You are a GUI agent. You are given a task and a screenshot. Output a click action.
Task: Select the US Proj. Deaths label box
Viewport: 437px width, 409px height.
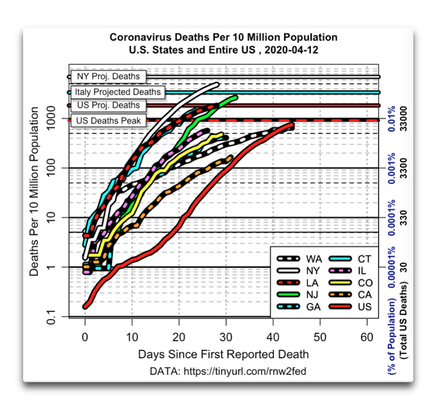click(x=108, y=105)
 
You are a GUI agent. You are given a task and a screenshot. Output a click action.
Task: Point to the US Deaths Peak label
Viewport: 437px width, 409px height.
click(x=108, y=121)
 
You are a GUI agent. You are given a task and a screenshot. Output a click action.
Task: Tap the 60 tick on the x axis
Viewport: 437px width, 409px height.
click(x=366, y=336)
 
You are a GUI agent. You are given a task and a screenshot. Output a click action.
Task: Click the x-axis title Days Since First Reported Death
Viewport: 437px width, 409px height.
click(x=223, y=354)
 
